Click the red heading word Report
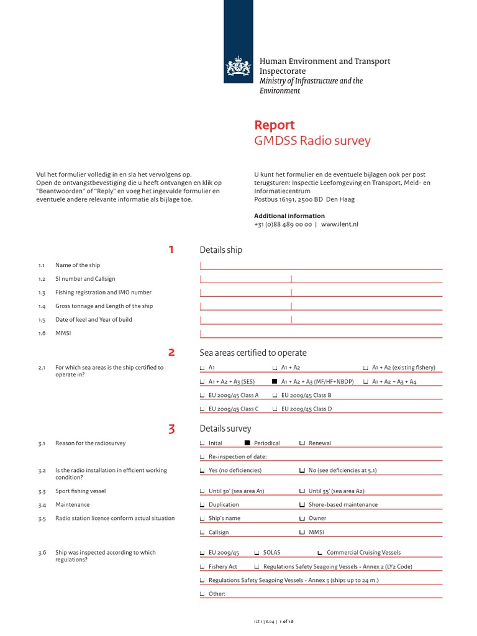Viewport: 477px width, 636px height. (275, 125)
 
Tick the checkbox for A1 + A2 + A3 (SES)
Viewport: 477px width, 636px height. (202, 381)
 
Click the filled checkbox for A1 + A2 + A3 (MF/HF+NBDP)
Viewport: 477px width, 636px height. (275, 381)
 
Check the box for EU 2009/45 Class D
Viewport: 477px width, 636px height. (275, 409)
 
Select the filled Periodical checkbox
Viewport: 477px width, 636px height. (247, 443)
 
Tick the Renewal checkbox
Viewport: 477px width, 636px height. (302, 443)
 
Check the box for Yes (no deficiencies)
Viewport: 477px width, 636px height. (202, 471)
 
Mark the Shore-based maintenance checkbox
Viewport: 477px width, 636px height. (302, 505)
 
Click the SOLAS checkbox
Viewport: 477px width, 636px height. (257, 553)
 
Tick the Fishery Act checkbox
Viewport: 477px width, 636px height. (202, 566)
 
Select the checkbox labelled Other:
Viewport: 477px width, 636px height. (202, 594)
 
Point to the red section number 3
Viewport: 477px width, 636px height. (171, 429)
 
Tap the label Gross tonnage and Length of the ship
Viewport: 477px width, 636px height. (104, 306)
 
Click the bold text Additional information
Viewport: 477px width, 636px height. (289, 216)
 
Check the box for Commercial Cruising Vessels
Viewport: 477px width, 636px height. (320, 553)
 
